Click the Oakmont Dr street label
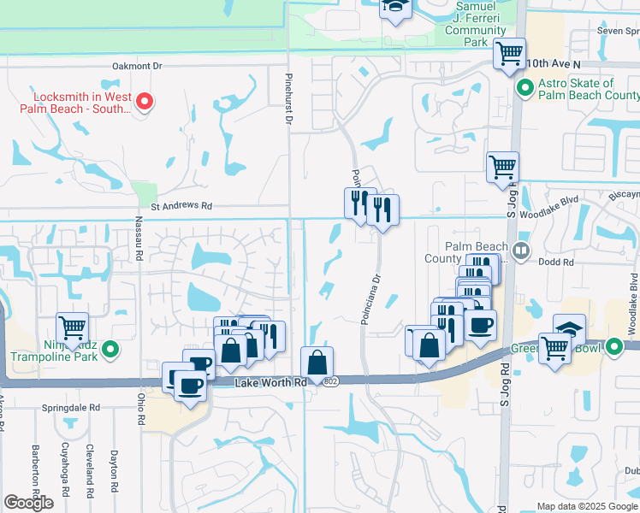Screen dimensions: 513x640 pyautogui.click(x=137, y=65)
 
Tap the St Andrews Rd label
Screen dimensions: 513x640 pyautogui.click(x=181, y=206)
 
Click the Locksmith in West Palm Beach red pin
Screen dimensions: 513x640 pyautogui.click(x=145, y=102)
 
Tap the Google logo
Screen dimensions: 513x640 pyautogui.click(x=28, y=502)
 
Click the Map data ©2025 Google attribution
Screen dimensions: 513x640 pyautogui.click(x=586, y=506)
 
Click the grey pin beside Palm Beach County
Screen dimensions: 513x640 pyautogui.click(x=521, y=249)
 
